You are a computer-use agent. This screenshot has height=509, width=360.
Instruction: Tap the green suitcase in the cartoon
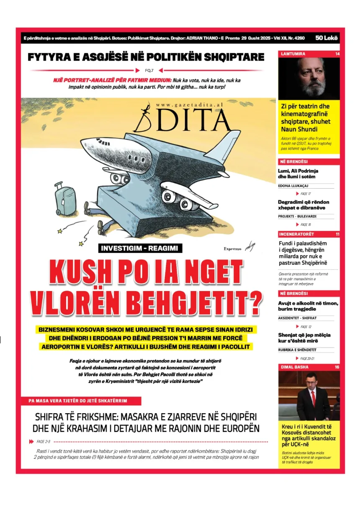(x=64, y=198)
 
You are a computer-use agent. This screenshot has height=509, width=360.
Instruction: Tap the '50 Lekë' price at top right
(x=327, y=38)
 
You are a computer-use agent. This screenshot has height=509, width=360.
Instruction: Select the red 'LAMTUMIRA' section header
(x=293, y=54)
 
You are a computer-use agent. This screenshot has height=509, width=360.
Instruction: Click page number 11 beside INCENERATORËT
(x=337, y=234)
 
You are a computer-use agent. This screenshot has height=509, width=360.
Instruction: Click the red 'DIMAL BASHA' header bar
(x=309, y=367)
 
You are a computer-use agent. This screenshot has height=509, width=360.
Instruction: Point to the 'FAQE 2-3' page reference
(x=43, y=441)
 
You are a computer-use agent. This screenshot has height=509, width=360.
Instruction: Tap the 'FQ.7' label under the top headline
(x=149, y=70)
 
